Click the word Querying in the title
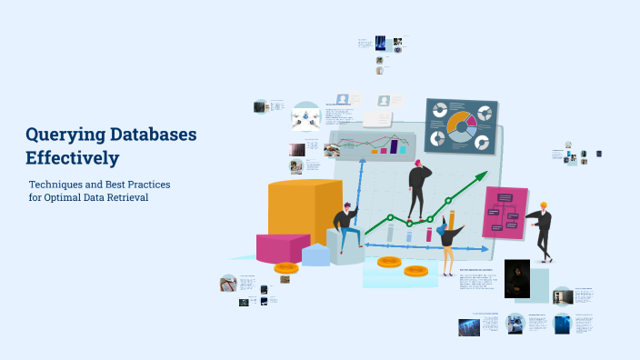63,135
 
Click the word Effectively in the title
73,158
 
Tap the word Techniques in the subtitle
60,185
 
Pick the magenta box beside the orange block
283,246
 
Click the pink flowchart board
505,214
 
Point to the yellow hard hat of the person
544,205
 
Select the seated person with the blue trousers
345,227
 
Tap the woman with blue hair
447,241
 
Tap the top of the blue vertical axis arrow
363,162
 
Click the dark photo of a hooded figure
516,278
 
